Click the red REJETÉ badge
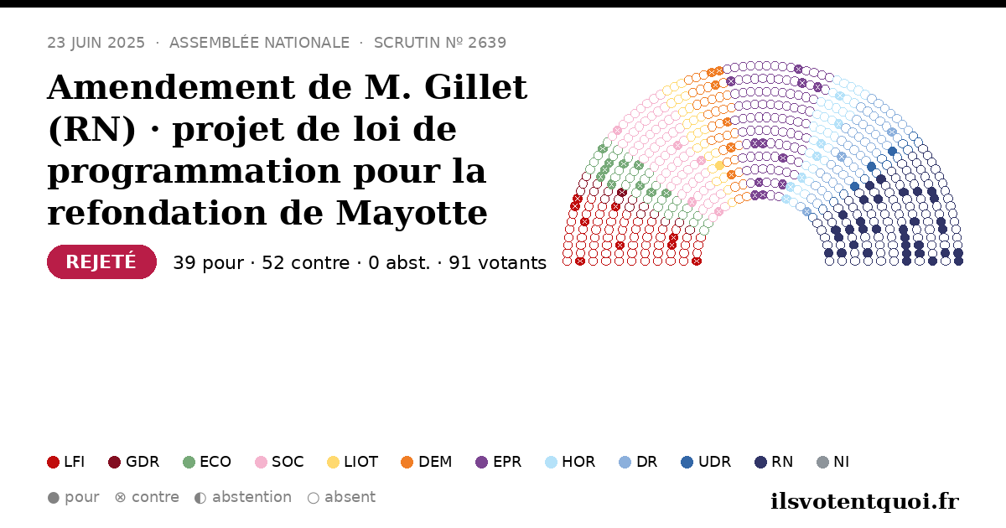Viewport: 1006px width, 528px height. pyautogui.click(x=101, y=261)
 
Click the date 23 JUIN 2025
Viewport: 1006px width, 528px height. pyautogui.click(x=96, y=43)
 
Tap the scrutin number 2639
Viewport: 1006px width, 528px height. pyautogui.click(x=487, y=43)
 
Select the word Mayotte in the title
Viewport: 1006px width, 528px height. pyautogui.click(x=412, y=213)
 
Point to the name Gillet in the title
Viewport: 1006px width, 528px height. pyautogui.click(x=475, y=87)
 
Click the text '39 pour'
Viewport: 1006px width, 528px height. pyautogui.click(x=209, y=263)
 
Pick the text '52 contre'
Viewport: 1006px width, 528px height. pyautogui.click(x=305, y=263)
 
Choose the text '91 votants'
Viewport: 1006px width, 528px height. pyautogui.click(x=498, y=263)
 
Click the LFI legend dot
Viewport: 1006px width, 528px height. pyautogui.click(x=53, y=462)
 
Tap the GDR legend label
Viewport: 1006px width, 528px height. pyautogui.click(x=143, y=462)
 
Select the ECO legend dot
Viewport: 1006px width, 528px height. pyautogui.click(x=189, y=462)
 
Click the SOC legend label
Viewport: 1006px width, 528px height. pyautogui.click(x=288, y=462)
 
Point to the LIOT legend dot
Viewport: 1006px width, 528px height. pyautogui.click(x=334, y=462)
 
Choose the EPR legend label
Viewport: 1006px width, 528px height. pyautogui.click(x=507, y=462)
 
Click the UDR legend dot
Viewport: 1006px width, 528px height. pyautogui.click(x=687, y=462)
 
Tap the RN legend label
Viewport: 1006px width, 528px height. pyautogui.click(x=782, y=462)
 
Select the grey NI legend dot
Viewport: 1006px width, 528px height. pyautogui.click(x=822, y=462)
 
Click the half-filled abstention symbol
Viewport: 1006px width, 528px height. pyautogui.click(x=200, y=498)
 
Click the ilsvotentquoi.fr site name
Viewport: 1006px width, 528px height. pyautogui.click(x=864, y=501)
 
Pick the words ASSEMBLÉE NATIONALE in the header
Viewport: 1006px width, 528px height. pyautogui.click(x=260, y=43)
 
